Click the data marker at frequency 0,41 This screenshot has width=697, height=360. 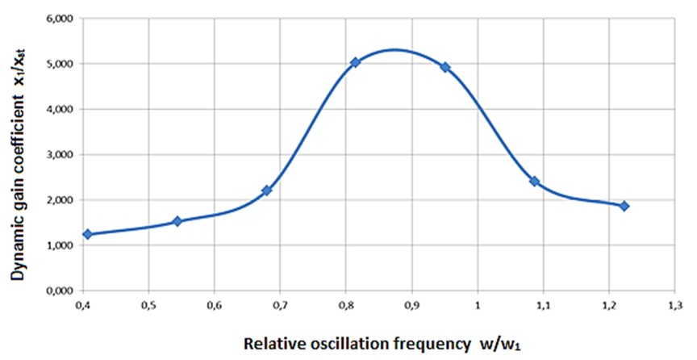tap(87, 234)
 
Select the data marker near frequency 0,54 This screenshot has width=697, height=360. tap(177, 221)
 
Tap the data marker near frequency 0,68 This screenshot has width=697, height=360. tap(267, 190)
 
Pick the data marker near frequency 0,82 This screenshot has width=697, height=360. tap(356, 62)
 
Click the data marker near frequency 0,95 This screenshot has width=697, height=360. tap(444, 67)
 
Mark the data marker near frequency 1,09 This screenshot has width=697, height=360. tap(534, 182)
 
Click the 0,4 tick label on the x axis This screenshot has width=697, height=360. tap(82, 305)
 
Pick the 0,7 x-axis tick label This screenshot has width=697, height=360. tap(280, 305)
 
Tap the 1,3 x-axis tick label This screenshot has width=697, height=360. tap(675, 305)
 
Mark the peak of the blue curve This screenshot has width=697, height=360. tap(394, 49)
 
